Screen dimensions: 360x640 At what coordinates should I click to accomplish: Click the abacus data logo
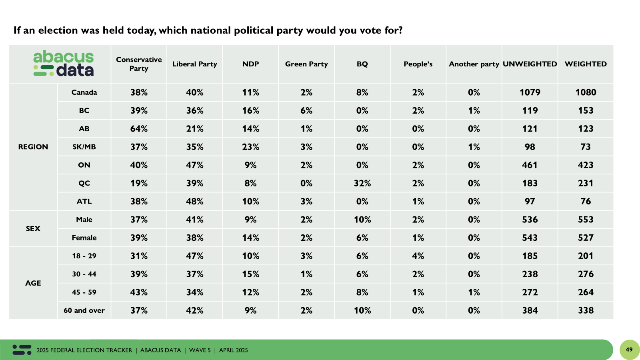(x=64, y=64)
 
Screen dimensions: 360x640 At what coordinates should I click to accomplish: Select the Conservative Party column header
(x=139, y=64)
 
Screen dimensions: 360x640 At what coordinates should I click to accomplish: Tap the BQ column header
(x=362, y=64)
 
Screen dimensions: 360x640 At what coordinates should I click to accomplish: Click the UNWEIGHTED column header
(x=530, y=64)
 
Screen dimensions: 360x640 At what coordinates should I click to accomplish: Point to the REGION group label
(x=33, y=147)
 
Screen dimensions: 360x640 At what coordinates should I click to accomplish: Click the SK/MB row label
(x=84, y=147)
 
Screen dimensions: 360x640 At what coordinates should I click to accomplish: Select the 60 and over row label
(x=84, y=310)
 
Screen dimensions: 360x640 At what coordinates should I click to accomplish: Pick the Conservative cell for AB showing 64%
(x=139, y=129)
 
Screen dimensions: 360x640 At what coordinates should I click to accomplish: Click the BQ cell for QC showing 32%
(x=362, y=183)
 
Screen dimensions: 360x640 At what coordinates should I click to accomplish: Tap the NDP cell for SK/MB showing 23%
(x=250, y=147)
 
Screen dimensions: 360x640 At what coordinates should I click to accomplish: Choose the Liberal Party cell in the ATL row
(x=194, y=201)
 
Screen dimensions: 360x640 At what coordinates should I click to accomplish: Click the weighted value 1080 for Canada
(x=586, y=92)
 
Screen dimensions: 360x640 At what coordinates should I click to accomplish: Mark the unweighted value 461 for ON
(x=530, y=165)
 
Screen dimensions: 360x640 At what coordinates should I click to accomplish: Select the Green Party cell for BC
(x=306, y=110)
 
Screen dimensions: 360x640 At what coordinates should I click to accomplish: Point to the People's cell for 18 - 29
(x=418, y=256)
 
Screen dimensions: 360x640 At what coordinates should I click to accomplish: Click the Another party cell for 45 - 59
(x=474, y=292)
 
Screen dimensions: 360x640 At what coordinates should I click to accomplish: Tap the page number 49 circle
(x=629, y=350)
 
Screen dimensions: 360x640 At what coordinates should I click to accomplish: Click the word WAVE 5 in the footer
(x=200, y=350)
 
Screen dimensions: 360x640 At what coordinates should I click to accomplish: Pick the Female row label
(x=84, y=238)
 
